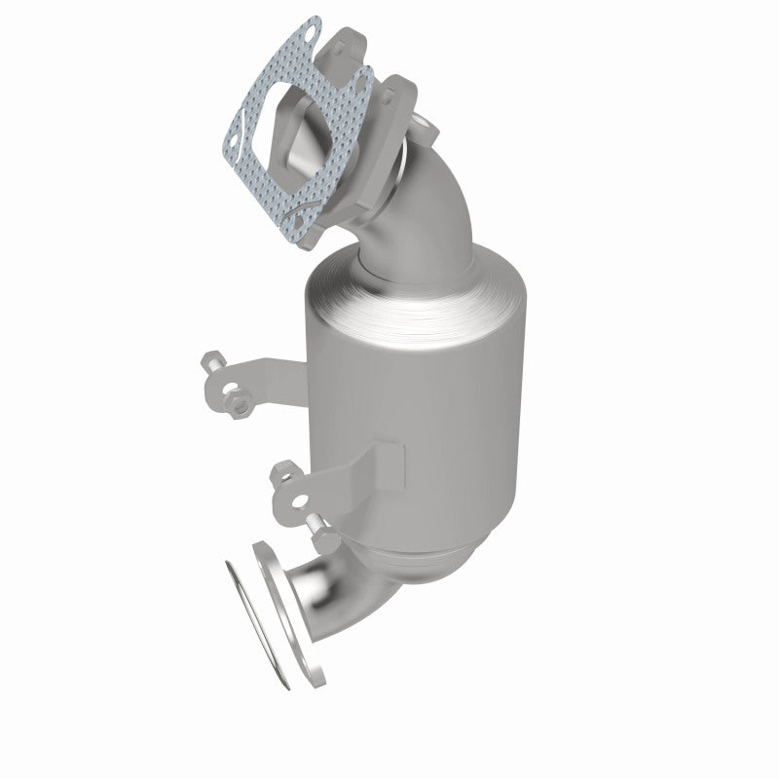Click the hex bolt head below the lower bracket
point(322,532)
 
